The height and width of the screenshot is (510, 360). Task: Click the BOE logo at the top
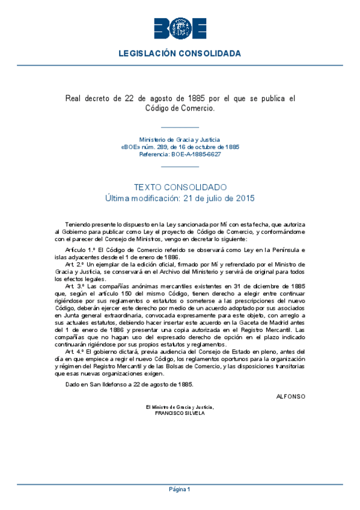[x=180, y=28]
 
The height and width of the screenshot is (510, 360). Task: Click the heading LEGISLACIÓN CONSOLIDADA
[x=180, y=54]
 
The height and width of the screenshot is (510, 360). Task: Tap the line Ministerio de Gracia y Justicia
[x=180, y=139]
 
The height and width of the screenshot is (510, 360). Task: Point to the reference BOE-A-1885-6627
[x=196, y=155]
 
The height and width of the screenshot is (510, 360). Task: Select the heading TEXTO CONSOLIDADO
[x=180, y=187]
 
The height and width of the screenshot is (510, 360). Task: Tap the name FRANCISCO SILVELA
[x=180, y=414]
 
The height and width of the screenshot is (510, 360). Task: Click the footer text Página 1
[x=180, y=490]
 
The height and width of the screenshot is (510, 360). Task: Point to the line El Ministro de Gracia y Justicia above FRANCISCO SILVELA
[x=180, y=407]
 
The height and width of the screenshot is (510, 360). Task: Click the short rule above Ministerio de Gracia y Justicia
[x=180, y=127]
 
